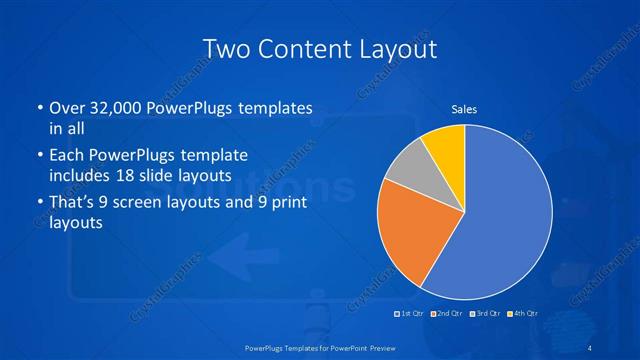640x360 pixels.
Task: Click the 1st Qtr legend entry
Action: point(411,313)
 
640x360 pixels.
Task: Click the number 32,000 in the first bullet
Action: point(110,107)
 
